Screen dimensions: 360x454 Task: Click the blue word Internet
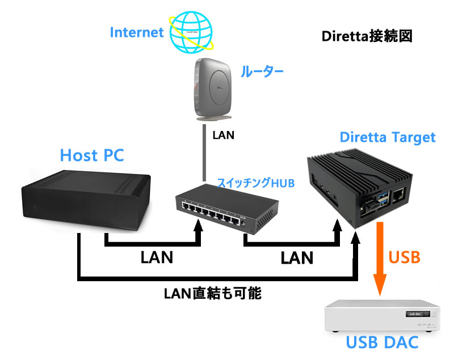click(x=136, y=32)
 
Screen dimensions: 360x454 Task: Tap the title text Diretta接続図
click(x=366, y=36)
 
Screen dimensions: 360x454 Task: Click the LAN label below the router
click(x=222, y=136)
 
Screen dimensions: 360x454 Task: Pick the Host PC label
click(x=92, y=154)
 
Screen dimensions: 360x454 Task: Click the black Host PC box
click(x=85, y=201)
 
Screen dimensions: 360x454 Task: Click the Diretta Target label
click(x=387, y=137)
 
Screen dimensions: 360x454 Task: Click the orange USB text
click(x=404, y=258)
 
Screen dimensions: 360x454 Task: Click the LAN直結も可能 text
click(x=213, y=294)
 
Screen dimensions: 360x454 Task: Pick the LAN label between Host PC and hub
click(x=157, y=258)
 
